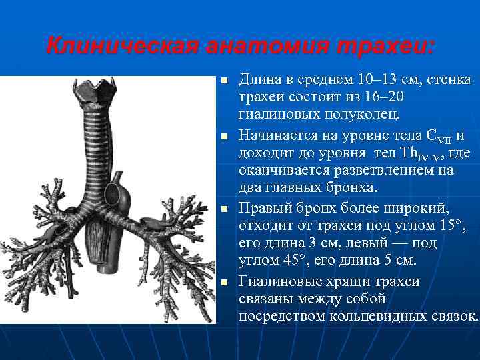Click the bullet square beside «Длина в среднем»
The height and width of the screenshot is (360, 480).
tap(224, 81)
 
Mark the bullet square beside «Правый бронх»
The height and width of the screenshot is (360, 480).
tap(224, 208)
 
